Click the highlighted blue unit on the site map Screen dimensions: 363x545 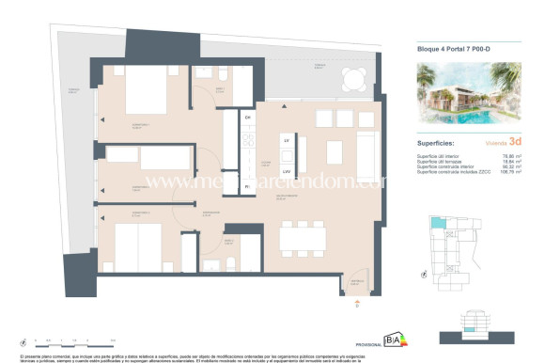click(x=438, y=223)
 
